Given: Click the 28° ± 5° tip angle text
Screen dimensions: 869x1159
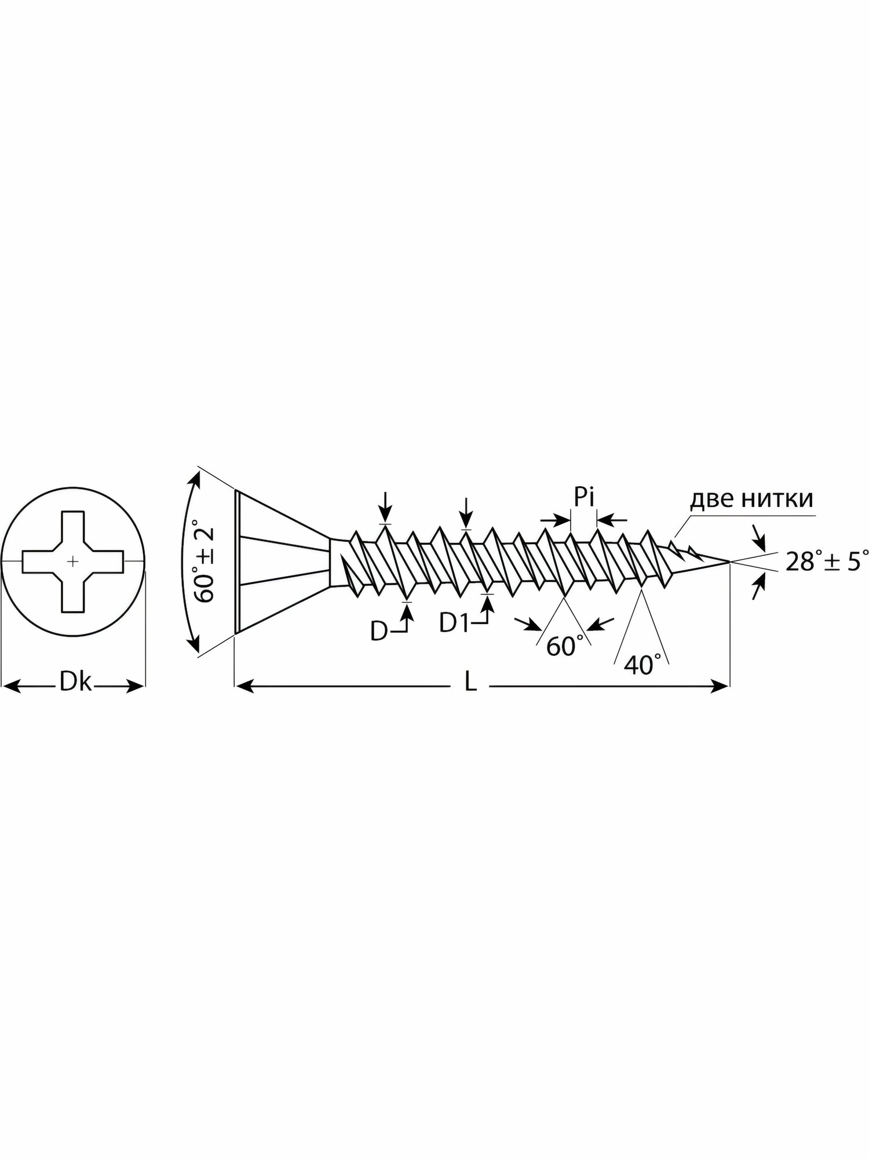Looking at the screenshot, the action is point(827,561).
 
